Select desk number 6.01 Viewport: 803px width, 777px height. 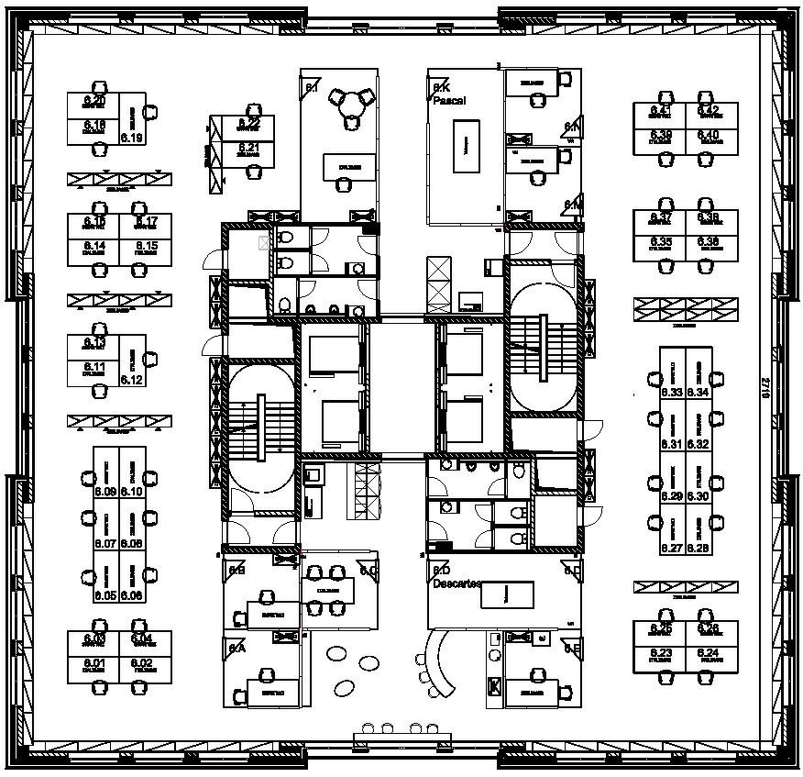click(x=95, y=662)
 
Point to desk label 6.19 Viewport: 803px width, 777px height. click(x=132, y=139)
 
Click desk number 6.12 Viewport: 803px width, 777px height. click(x=132, y=380)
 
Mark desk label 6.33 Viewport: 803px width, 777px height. click(x=672, y=393)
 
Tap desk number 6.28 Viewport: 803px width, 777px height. click(x=698, y=548)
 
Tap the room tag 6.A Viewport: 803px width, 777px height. click(x=237, y=648)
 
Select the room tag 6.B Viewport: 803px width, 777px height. click(x=237, y=570)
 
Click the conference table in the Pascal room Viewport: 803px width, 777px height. click(x=466, y=147)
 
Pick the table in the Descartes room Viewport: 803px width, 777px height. click(x=501, y=594)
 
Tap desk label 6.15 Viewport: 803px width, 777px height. click(x=146, y=246)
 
